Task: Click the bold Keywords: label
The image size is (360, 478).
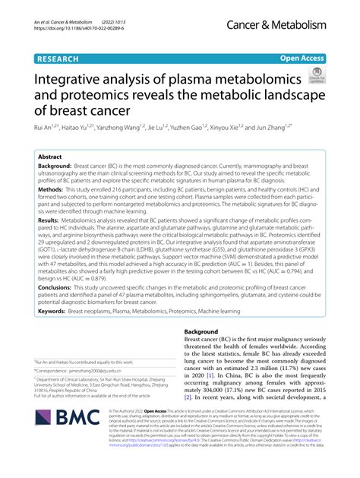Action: click(x=53, y=332)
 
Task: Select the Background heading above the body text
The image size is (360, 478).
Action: click(x=207, y=354)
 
